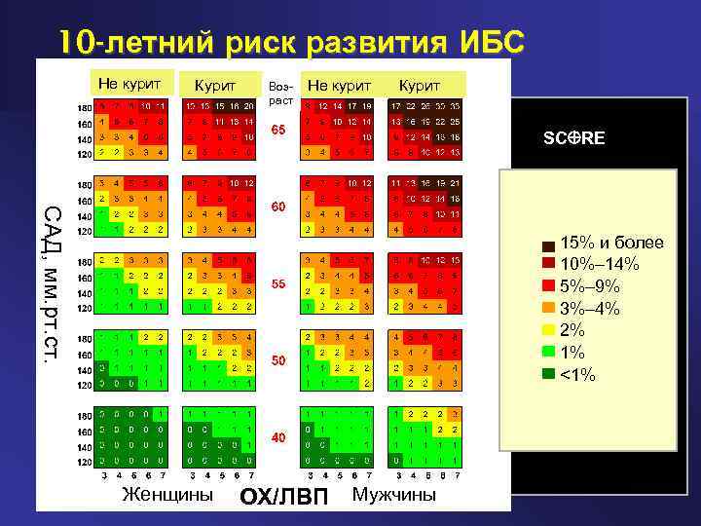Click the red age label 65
tap(278, 131)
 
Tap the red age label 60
tap(278, 207)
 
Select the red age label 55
tap(278, 283)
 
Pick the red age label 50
tap(278, 360)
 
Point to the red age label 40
tap(278, 437)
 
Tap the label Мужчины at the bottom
tap(394, 494)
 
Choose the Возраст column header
tap(278, 94)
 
